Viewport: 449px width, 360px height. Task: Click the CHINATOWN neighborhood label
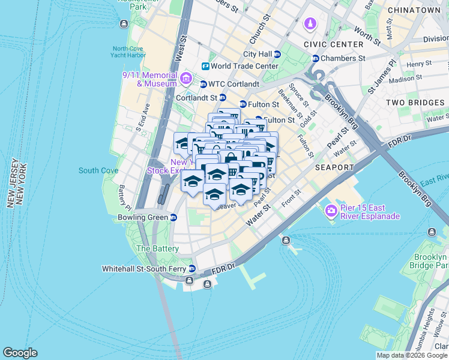(x=414, y=10)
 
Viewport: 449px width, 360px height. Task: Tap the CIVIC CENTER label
(x=334, y=44)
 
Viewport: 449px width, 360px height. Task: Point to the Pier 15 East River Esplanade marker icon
(x=330, y=211)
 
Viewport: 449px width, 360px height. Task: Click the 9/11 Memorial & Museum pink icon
(x=185, y=78)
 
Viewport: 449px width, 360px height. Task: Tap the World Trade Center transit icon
(x=205, y=66)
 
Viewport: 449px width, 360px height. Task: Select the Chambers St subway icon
(x=315, y=58)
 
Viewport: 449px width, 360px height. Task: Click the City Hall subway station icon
(x=277, y=54)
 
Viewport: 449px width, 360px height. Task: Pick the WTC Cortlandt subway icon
(x=203, y=84)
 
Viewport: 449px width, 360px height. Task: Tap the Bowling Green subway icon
(x=173, y=217)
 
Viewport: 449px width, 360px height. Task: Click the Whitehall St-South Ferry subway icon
(x=192, y=268)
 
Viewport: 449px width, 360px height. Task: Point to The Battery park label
(x=157, y=248)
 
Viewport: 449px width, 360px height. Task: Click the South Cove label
(x=98, y=170)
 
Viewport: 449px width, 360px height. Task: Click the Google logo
(x=20, y=353)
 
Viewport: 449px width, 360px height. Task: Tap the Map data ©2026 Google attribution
(x=412, y=355)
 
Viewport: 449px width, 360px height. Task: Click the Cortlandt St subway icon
(x=222, y=98)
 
